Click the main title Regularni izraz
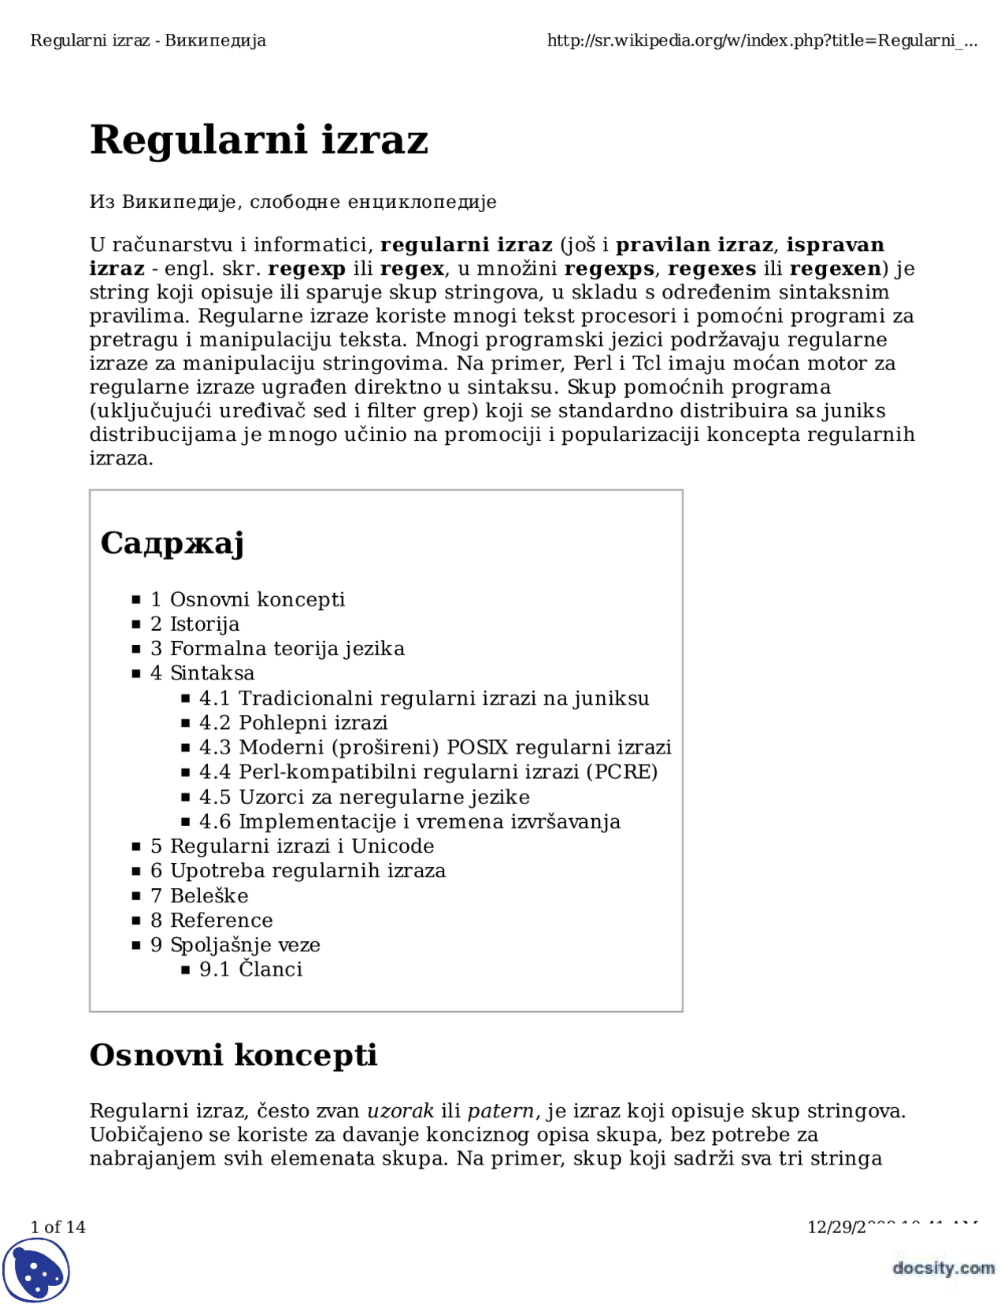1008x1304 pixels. [x=258, y=140]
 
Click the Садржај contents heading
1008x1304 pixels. [x=172, y=543]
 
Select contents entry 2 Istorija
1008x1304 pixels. [x=195, y=624]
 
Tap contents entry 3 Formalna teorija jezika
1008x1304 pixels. [x=277, y=649]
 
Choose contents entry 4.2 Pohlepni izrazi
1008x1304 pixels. [x=293, y=723]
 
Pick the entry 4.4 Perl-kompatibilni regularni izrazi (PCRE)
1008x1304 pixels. [x=428, y=772]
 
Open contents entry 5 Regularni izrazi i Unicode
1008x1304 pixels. [x=292, y=846]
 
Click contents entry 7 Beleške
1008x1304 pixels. [x=199, y=896]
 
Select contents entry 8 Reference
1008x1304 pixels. [x=212, y=921]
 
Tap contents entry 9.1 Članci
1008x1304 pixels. [x=250, y=969]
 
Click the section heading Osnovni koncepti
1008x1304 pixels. [x=233, y=1055]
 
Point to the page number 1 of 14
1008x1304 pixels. [x=57, y=1227]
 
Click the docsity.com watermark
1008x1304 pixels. [x=943, y=1268]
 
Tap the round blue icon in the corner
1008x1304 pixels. [x=36, y=1269]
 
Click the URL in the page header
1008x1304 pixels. [x=762, y=41]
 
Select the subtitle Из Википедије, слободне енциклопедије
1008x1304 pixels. [x=293, y=202]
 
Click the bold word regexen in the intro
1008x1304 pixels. [x=835, y=269]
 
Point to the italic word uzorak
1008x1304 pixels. [x=400, y=1111]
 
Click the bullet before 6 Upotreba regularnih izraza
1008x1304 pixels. [x=136, y=872]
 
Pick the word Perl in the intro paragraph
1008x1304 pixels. [x=592, y=364]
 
